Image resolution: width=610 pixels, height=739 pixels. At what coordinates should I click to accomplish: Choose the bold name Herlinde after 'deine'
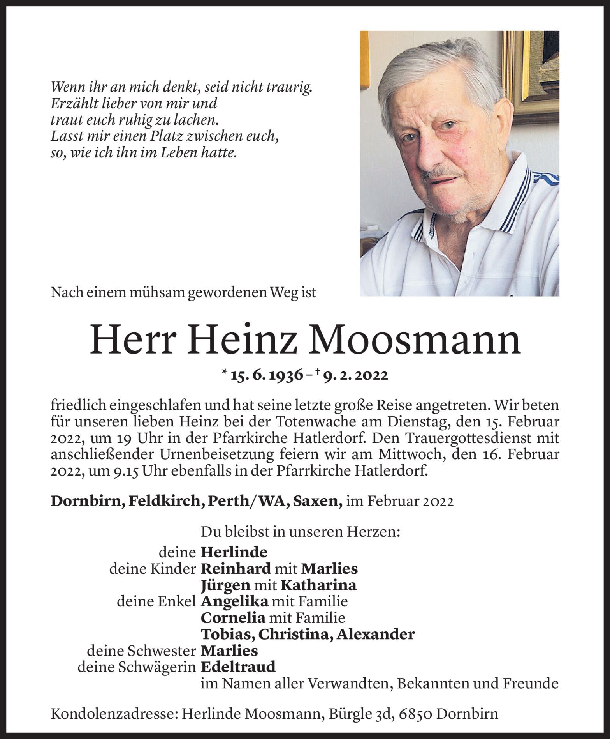[234, 552]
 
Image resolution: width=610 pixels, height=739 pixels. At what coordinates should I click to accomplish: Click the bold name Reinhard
[236, 569]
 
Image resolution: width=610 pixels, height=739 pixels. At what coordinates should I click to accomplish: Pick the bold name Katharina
[318, 585]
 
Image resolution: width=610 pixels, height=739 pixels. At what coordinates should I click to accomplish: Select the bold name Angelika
[234, 602]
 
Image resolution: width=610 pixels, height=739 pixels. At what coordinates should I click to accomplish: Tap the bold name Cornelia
[233, 618]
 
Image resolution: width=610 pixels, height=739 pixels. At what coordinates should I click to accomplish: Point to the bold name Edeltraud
[238, 667]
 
